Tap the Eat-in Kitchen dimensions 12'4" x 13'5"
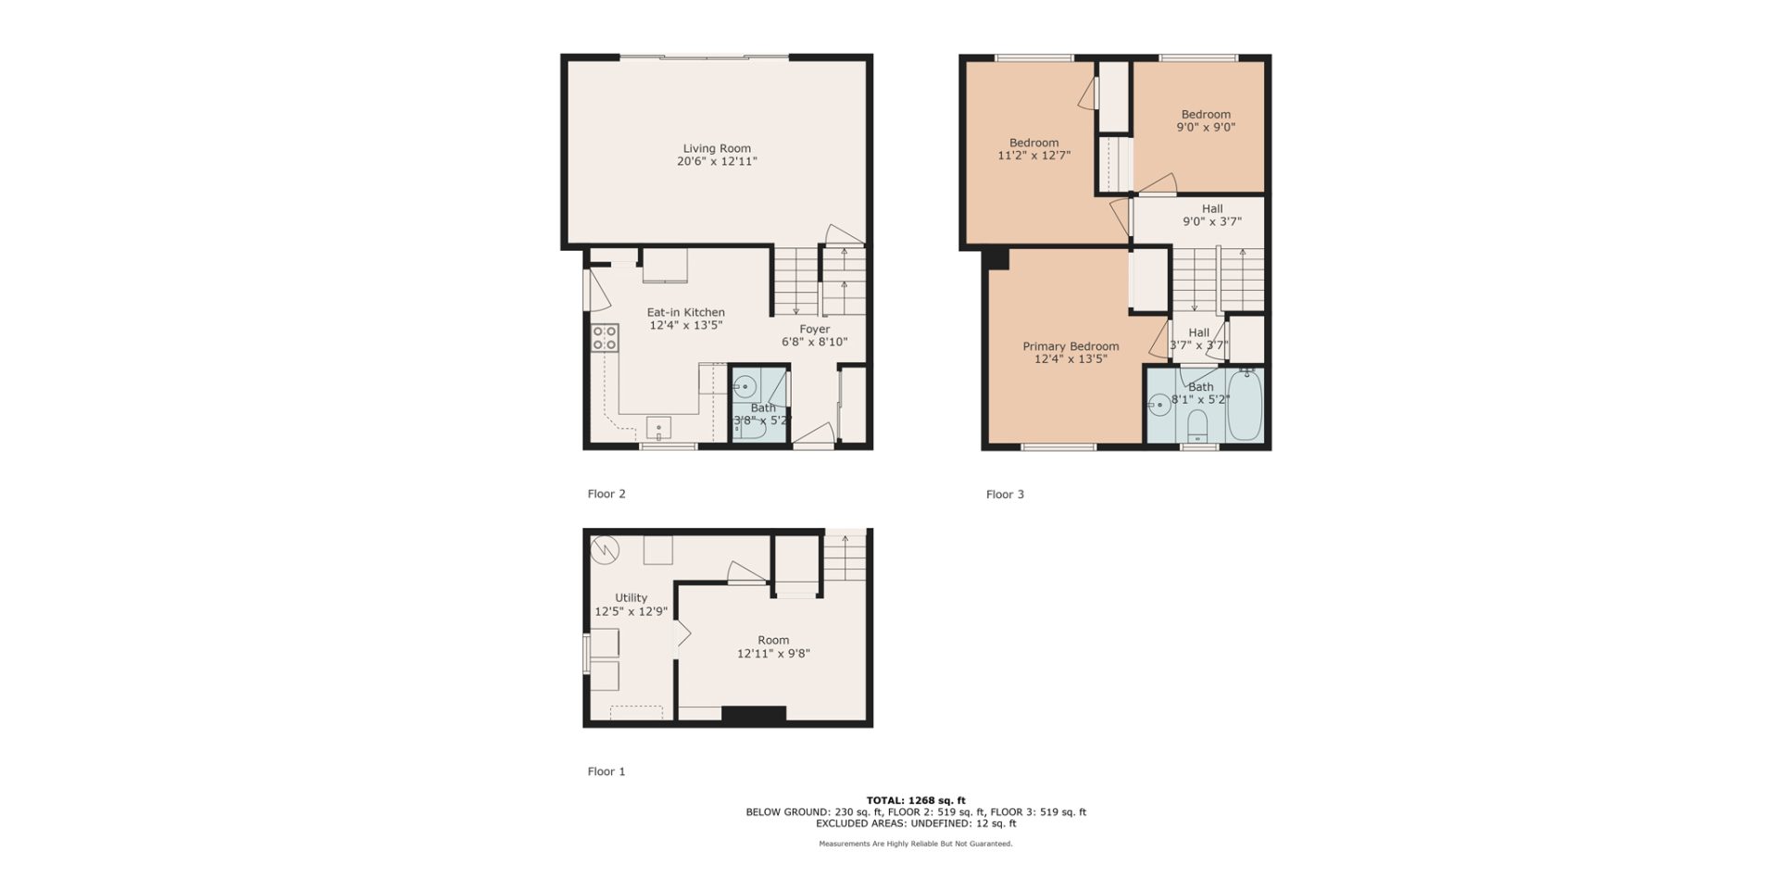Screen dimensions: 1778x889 pos(685,325)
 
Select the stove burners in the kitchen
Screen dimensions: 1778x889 pos(606,337)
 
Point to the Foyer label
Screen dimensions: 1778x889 pos(815,329)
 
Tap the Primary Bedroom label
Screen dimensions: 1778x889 pos(1071,346)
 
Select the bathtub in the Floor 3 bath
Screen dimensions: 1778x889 pos(1246,406)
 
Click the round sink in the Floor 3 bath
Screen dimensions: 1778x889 pos(1158,404)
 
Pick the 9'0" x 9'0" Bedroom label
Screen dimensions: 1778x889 pos(1206,121)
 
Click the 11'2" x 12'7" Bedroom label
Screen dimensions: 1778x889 pos(1033,149)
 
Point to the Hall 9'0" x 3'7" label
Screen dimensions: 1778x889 pos(1212,215)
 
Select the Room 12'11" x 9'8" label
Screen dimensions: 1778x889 pos(773,646)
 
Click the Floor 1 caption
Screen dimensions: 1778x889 pos(607,771)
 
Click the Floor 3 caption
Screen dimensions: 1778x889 pos(1005,495)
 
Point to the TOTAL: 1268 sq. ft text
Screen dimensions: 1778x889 pos(916,800)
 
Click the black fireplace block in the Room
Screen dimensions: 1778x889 pos(754,714)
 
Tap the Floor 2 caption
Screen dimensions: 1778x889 pos(607,495)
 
